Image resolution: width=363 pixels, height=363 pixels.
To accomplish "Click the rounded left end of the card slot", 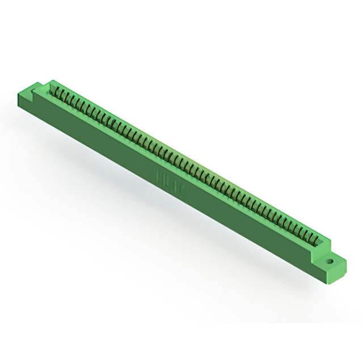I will [x=53, y=87].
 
